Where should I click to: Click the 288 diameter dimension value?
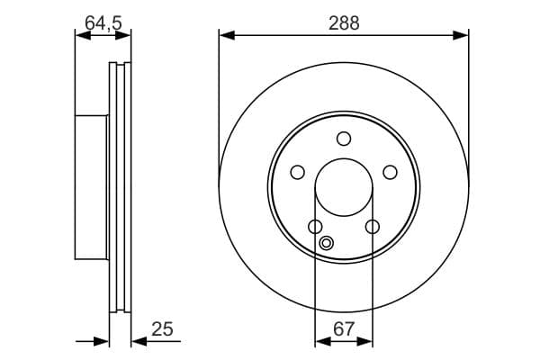(344, 23)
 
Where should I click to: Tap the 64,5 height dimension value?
(103, 23)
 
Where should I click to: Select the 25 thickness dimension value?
(162, 329)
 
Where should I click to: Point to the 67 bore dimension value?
(344, 329)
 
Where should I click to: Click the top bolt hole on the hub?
(344, 139)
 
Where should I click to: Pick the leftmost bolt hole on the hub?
(298, 172)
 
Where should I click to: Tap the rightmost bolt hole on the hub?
(391, 172)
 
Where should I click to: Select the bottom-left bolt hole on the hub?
(315, 227)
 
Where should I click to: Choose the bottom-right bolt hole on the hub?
(373, 227)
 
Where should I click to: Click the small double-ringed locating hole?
(327, 243)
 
